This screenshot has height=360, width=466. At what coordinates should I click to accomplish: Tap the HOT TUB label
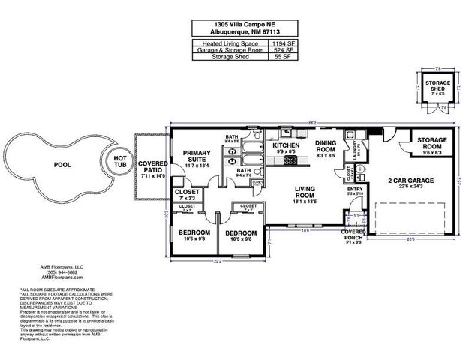pos(119,161)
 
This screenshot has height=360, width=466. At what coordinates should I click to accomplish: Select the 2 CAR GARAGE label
pos(412,181)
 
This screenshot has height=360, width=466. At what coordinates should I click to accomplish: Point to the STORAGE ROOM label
pos(432,142)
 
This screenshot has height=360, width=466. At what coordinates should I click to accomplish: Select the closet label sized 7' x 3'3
pos(187,194)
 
